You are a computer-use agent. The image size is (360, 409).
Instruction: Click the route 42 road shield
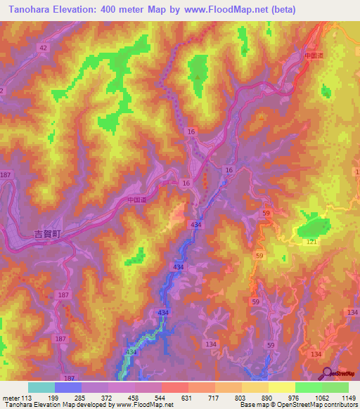click(44, 48)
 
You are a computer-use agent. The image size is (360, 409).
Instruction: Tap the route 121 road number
click(311, 242)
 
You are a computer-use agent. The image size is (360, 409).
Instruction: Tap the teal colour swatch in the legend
click(41, 387)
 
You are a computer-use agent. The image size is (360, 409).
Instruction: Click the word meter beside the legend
click(11, 397)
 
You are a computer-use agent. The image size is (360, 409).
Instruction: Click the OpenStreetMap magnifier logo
click(327, 373)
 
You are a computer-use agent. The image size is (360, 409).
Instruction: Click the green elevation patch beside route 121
click(314, 227)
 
